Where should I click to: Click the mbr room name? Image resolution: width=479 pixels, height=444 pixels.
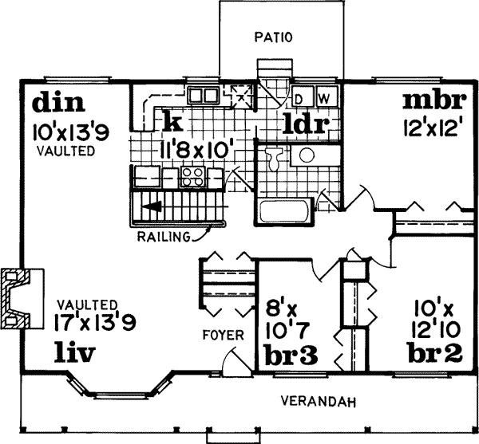[434, 102]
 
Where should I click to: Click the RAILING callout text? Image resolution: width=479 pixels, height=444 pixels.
[162, 237]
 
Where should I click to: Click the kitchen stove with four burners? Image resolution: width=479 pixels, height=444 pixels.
[192, 175]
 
